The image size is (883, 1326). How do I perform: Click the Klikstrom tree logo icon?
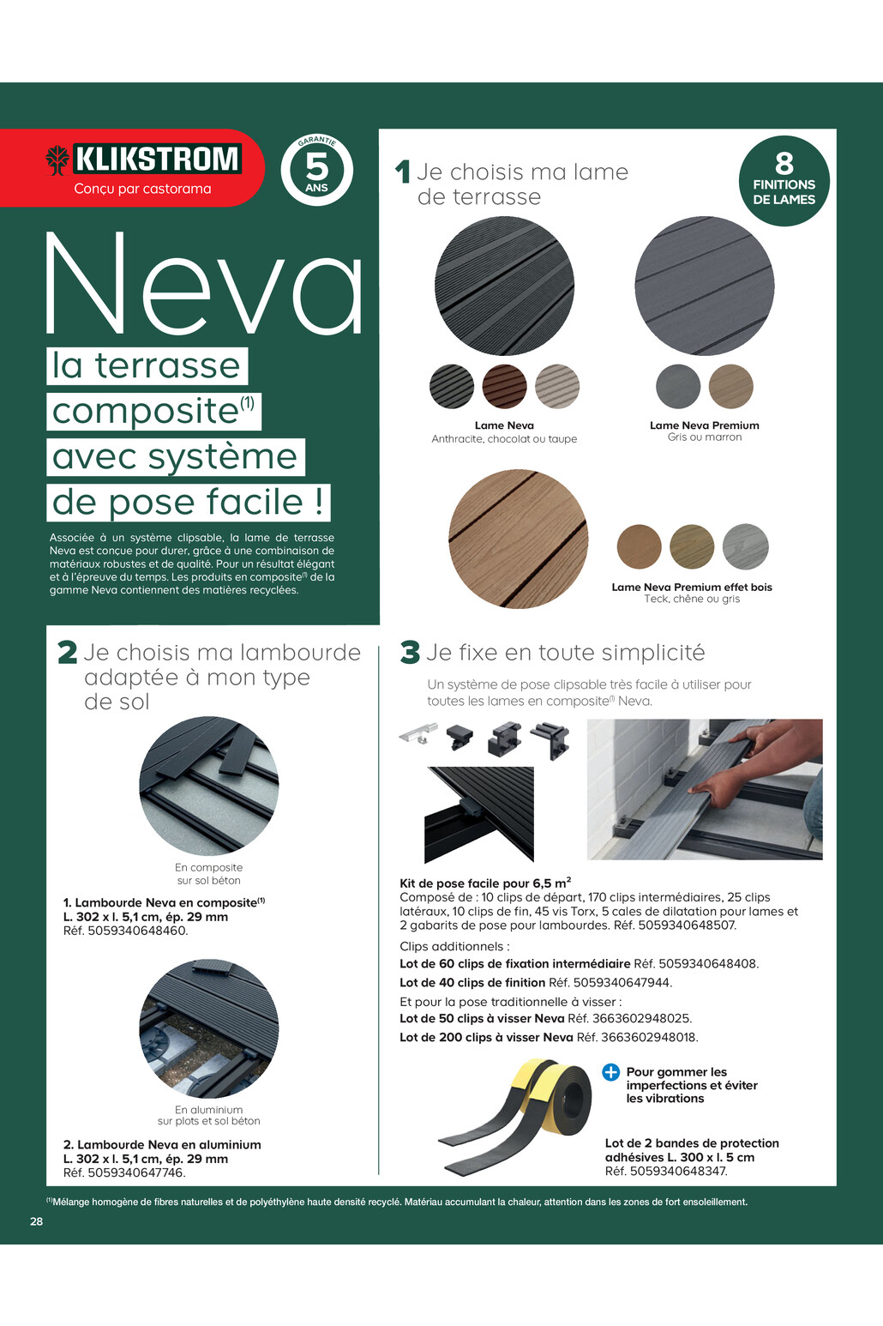click(57, 160)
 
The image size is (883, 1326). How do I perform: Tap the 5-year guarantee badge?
click(316, 170)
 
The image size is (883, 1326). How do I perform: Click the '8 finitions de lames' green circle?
click(784, 181)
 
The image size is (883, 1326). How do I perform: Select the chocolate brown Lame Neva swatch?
click(504, 386)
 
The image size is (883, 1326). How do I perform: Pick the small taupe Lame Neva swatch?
click(557, 386)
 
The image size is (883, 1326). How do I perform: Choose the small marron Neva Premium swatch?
click(731, 386)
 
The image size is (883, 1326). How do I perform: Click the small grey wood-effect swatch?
click(745, 545)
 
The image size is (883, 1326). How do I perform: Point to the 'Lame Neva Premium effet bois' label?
click(692, 588)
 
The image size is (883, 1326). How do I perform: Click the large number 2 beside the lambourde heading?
click(67, 653)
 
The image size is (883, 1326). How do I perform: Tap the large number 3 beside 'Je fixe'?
click(410, 653)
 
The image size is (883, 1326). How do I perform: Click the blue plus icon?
click(610, 1072)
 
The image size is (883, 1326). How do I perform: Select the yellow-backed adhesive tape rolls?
click(515, 1117)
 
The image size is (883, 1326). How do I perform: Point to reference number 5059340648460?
click(137, 931)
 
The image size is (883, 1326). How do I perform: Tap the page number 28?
click(36, 1221)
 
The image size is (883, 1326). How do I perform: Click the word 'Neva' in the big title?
click(204, 284)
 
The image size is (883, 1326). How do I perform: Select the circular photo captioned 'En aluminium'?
click(209, 1029)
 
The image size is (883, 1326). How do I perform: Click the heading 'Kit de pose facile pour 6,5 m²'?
click(485, 883)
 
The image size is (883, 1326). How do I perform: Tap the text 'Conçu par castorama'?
click(142, 189)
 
